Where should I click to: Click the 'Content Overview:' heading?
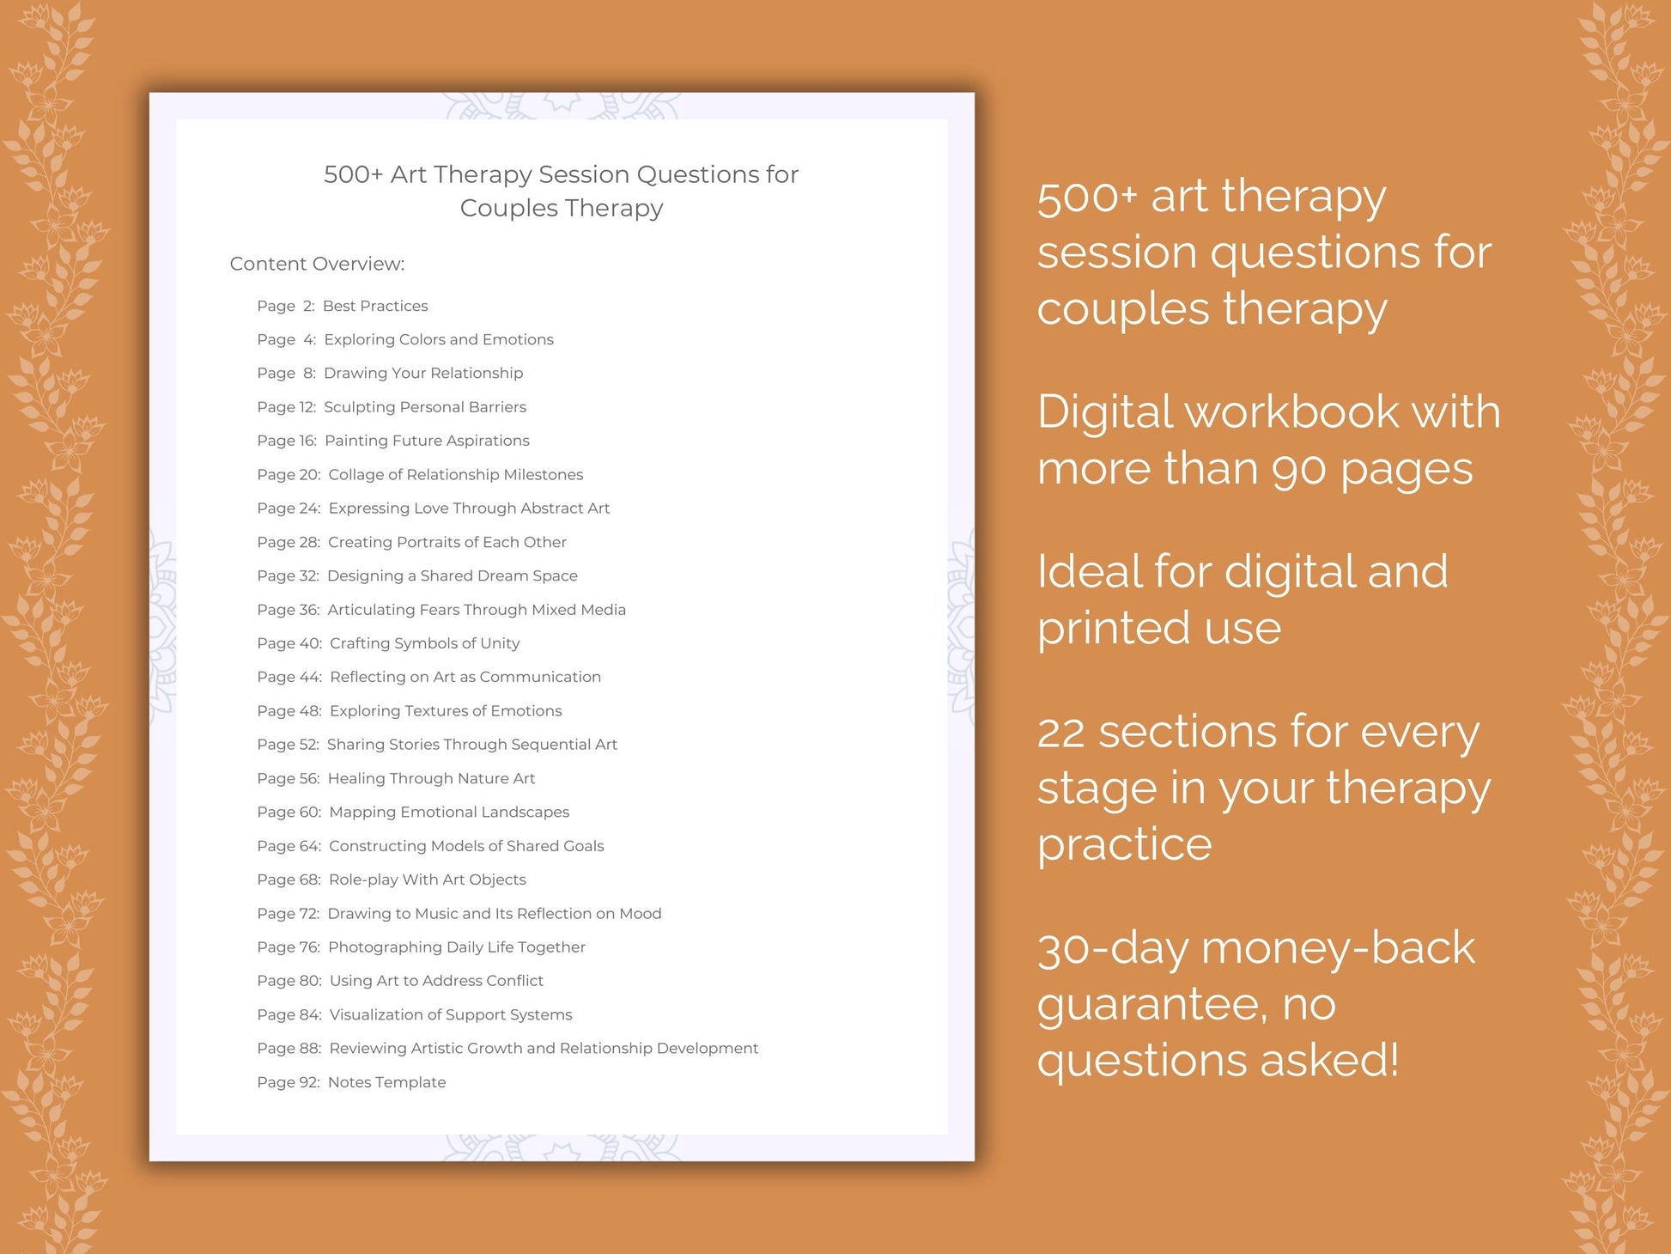pos(317,264)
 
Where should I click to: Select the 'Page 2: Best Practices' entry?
pos(342,306)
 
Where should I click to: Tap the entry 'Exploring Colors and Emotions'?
pos(438,339)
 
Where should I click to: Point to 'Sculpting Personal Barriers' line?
pos(424,407)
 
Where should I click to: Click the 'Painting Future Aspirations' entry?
pos(427,441)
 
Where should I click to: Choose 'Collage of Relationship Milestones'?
pos(455,475)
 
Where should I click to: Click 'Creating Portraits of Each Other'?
pos(447,542)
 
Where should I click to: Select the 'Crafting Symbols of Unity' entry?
pos(424,643)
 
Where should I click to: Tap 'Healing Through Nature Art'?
pos(431,778)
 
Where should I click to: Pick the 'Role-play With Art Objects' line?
pos(427,880)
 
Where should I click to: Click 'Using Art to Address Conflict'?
pos(436,981)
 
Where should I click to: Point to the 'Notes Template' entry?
pos(386,1082)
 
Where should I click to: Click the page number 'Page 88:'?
pos(289,1049)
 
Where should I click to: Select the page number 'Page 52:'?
pos(288,745)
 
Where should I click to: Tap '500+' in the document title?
pos(352,174)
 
